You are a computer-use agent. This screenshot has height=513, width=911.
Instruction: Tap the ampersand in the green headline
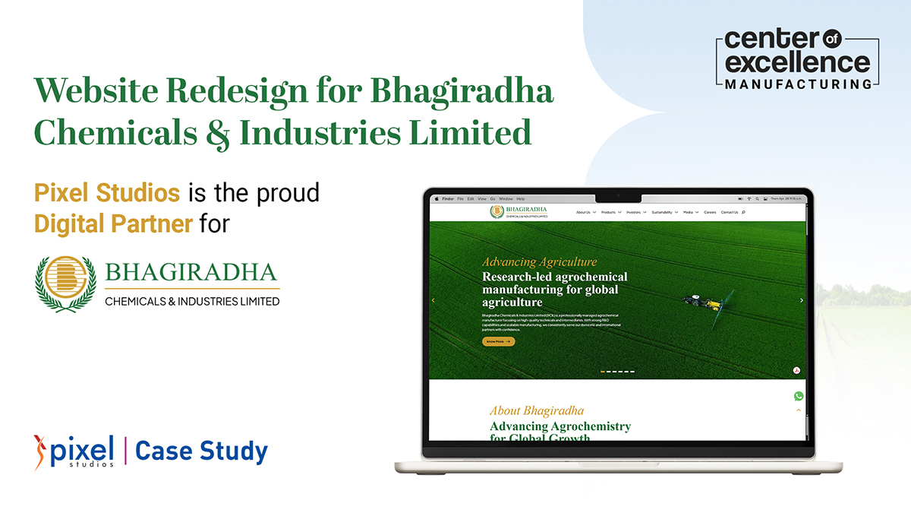[x=217, y=134]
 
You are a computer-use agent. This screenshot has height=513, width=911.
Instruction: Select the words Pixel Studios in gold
[x=107, y=192]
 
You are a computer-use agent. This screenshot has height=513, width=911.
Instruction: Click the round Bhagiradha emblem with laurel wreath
[x=65, y=285]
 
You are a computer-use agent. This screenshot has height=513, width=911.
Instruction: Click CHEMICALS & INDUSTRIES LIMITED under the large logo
[x=192, y=301]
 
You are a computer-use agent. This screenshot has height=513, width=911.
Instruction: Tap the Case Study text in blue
[x=201, y=451]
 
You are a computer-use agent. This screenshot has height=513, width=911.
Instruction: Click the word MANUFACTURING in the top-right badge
[x=798, y=84]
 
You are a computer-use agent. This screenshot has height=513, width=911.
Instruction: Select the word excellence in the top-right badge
[x=798, y=62]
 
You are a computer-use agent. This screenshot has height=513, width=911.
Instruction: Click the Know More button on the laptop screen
[x=498, y=342]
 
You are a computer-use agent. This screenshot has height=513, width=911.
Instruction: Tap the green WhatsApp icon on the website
[x=798, y=396]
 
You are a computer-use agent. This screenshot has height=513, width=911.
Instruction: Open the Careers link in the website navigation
[x=710, y=212]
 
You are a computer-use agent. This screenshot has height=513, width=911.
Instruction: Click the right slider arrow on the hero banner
[x=801, y=300]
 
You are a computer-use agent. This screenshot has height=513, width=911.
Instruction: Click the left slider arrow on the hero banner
[x=433, y=300]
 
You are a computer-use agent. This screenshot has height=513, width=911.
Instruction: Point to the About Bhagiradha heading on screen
[x=536, y=411]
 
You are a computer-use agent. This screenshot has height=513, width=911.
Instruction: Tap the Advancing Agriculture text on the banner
[x=539, y=262]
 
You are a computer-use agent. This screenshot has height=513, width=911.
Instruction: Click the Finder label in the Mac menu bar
[x=447, y=198]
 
